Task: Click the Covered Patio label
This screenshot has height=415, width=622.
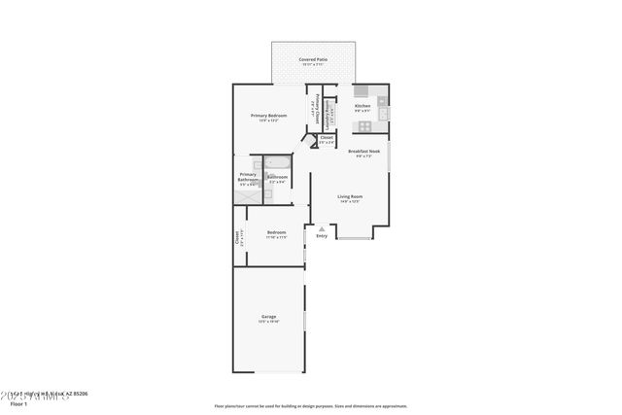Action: pyautogui.click(x=313, y=59)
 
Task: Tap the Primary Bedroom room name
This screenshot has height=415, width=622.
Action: pyautogui.click(x=268, y=116)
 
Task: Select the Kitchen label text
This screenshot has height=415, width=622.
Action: pyautogui.click(x=362, y=106)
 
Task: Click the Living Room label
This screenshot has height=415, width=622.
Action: pyautogui.click(x=349, y=197)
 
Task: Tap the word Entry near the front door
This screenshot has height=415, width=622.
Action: pyautogui.click(x=322, y=235)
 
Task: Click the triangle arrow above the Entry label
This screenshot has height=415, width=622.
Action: pyautogui.click(x=322, y=228)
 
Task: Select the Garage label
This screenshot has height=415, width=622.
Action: pyautogui.click(x=268, y=317)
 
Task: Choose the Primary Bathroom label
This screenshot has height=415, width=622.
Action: pyautogui.click(x=247, y=177)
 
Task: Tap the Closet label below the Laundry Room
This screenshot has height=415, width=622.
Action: pyautogui.click(x=327, y=138)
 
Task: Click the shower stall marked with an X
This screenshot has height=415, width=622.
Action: pyautogui.click(x=247, y=193)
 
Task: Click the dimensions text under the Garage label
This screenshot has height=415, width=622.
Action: pyautogui.click(x=268, y=322)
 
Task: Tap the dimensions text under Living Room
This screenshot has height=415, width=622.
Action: pyautogui.click(x=349, y=202)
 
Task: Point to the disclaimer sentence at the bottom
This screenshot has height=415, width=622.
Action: pyautogui.click(x=310, y=406)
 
